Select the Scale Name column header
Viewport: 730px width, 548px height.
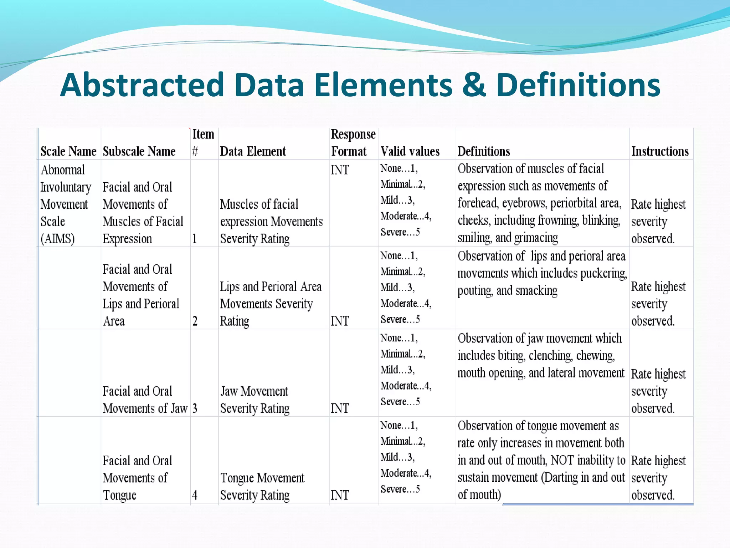pos(68,151)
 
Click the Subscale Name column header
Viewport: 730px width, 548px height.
pos(139,151)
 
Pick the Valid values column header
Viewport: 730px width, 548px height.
pos(410,151)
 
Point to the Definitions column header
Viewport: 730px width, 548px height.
pos(484,151)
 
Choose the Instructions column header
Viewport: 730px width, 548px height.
pos(660,151)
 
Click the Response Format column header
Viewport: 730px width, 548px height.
pos(353,143)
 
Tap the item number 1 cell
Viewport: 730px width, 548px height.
pos(195,238)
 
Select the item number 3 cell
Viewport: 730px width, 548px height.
pos(195,408)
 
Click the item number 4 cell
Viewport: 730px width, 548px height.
pos(195,495)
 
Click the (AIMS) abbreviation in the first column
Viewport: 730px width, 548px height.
pos(57,238)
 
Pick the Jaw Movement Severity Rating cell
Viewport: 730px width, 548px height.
pos(255,400)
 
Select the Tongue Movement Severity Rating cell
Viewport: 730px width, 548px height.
pos(262,486)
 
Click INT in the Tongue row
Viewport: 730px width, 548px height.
pos(339,495)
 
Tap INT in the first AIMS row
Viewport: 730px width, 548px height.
pos(339,170)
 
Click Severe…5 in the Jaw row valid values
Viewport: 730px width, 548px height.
pos(400,402)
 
